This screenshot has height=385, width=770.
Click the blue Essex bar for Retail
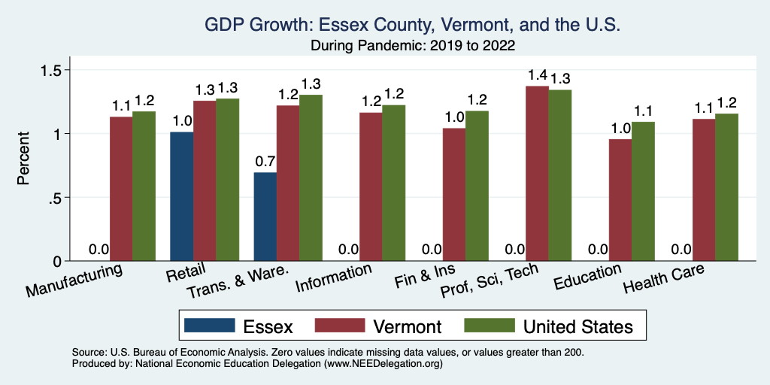tap(181, 196)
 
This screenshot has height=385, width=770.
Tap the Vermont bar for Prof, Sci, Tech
tap(537, 174)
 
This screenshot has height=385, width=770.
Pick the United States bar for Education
tap(643, 191)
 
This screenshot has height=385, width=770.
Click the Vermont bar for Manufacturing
tap(121, 189)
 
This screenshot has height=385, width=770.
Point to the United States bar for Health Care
tap(726, 187)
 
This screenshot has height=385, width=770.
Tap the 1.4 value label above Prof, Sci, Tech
tap(537, 75)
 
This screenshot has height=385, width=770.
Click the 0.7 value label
tap(265, 161)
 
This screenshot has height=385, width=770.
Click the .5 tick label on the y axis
tap(57, 198)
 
